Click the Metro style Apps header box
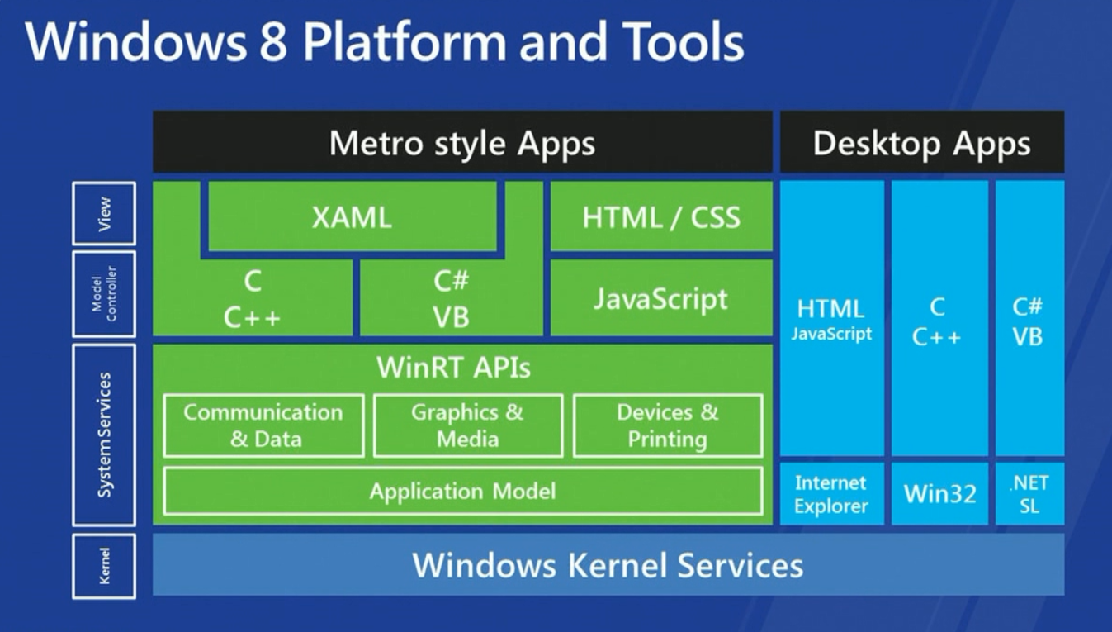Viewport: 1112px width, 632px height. coord(462,143)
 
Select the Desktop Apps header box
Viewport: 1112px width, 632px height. coord(921,143)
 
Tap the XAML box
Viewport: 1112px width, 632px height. coord(352,217)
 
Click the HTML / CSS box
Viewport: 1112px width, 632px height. coord(661,217)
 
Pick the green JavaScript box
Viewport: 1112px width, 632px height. coord(661,298)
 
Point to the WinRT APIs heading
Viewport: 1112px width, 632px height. coord(453,368)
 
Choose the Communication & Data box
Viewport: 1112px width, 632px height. coord(263,425)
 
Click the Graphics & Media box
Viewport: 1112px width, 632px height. coord(467,425)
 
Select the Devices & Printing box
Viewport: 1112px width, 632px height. coord(667,425)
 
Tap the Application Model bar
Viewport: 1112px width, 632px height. coord(462,492)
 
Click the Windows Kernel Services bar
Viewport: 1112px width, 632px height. coord(608,565)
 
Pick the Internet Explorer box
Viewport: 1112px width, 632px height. coord(830,494)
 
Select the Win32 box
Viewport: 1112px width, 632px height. coord(939,494)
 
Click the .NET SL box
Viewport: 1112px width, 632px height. coord(1029,494)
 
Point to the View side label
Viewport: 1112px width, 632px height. coord(104,214)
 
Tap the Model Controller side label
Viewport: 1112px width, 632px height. coord(104,294)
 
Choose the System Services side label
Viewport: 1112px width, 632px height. coord(104,435)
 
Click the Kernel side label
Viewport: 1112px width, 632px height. coord(104,566)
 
